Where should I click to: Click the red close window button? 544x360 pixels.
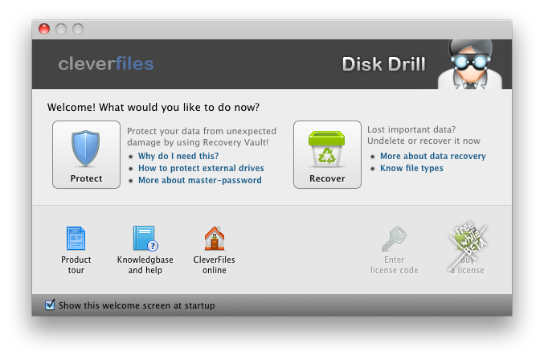coord(44,29)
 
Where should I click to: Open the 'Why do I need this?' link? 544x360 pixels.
coord(178,156)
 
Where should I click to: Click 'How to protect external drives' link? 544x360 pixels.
coord(201,168)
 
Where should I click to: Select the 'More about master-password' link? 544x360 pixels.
coord(200,180)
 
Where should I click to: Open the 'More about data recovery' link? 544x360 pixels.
coord(433,156)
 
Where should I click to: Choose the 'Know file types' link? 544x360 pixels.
coord(411,168)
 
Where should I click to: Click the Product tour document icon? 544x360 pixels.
coord(76,239)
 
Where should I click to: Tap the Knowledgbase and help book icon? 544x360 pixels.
coord(145,239)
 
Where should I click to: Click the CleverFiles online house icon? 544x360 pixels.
coord(215,239)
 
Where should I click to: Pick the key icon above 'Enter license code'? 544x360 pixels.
coord(394,239)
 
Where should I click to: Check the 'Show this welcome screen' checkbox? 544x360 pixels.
coord(50,305)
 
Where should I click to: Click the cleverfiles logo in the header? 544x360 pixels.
coord(106,63)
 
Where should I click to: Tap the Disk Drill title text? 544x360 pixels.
coord(384,64)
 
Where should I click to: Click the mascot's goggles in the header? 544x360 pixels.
coord(470,62)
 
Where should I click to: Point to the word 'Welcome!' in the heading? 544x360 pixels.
coord(72,107)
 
